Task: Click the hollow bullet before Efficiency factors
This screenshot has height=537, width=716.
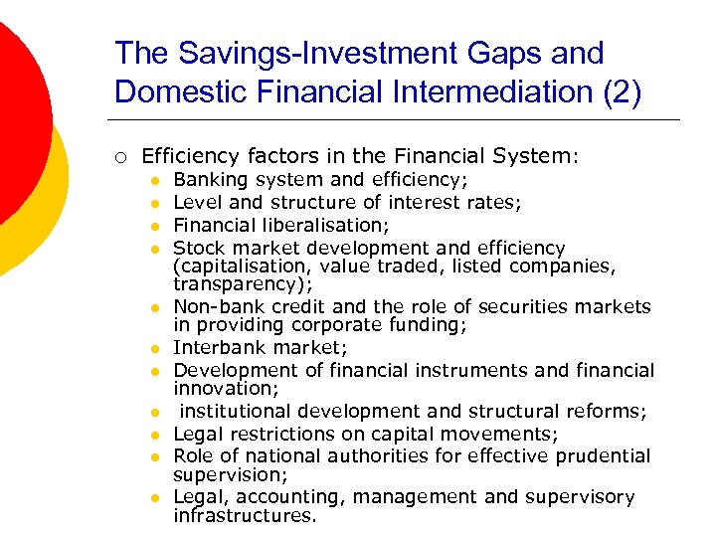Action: coord(121,156)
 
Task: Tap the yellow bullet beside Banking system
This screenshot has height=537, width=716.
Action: coord(155,180)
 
